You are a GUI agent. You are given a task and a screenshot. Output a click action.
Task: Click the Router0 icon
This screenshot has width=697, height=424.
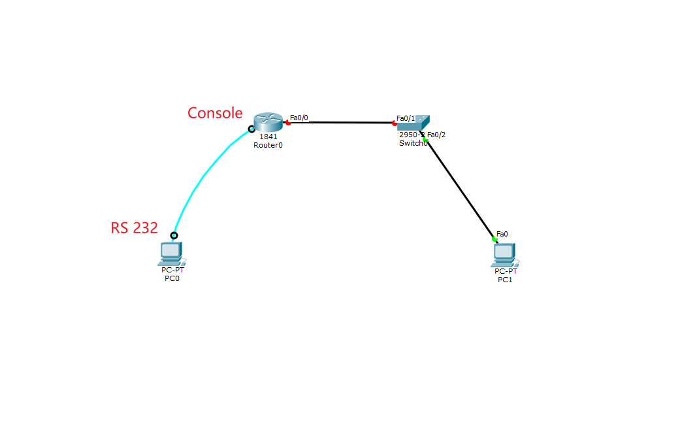[268, 122]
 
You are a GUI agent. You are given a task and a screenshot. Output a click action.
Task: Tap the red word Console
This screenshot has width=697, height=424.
[215, 113]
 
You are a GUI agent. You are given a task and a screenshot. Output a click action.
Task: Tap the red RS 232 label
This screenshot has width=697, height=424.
[134, 228]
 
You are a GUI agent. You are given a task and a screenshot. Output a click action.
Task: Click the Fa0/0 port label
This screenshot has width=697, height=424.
[299, 118]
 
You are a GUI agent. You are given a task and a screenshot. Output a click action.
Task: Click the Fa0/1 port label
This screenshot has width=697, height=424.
[405, 118]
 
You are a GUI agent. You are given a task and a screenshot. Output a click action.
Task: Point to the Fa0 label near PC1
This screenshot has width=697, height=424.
[502, 234]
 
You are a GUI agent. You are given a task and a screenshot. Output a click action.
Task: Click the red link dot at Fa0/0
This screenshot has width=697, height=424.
[288, 123]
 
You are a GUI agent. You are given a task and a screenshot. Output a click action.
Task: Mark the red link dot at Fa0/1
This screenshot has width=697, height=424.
[395, 123]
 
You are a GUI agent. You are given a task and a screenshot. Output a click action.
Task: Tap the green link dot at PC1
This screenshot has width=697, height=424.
[494, 240]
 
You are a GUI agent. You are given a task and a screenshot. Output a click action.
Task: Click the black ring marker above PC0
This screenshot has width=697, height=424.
[174, 235]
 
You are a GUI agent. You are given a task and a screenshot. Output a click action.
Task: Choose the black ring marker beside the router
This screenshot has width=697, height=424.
[251, 129]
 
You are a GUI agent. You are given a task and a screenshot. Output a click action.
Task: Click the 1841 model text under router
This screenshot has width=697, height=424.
[268, 137]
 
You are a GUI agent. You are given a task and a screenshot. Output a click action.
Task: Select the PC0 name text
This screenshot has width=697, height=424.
[171, 278]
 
